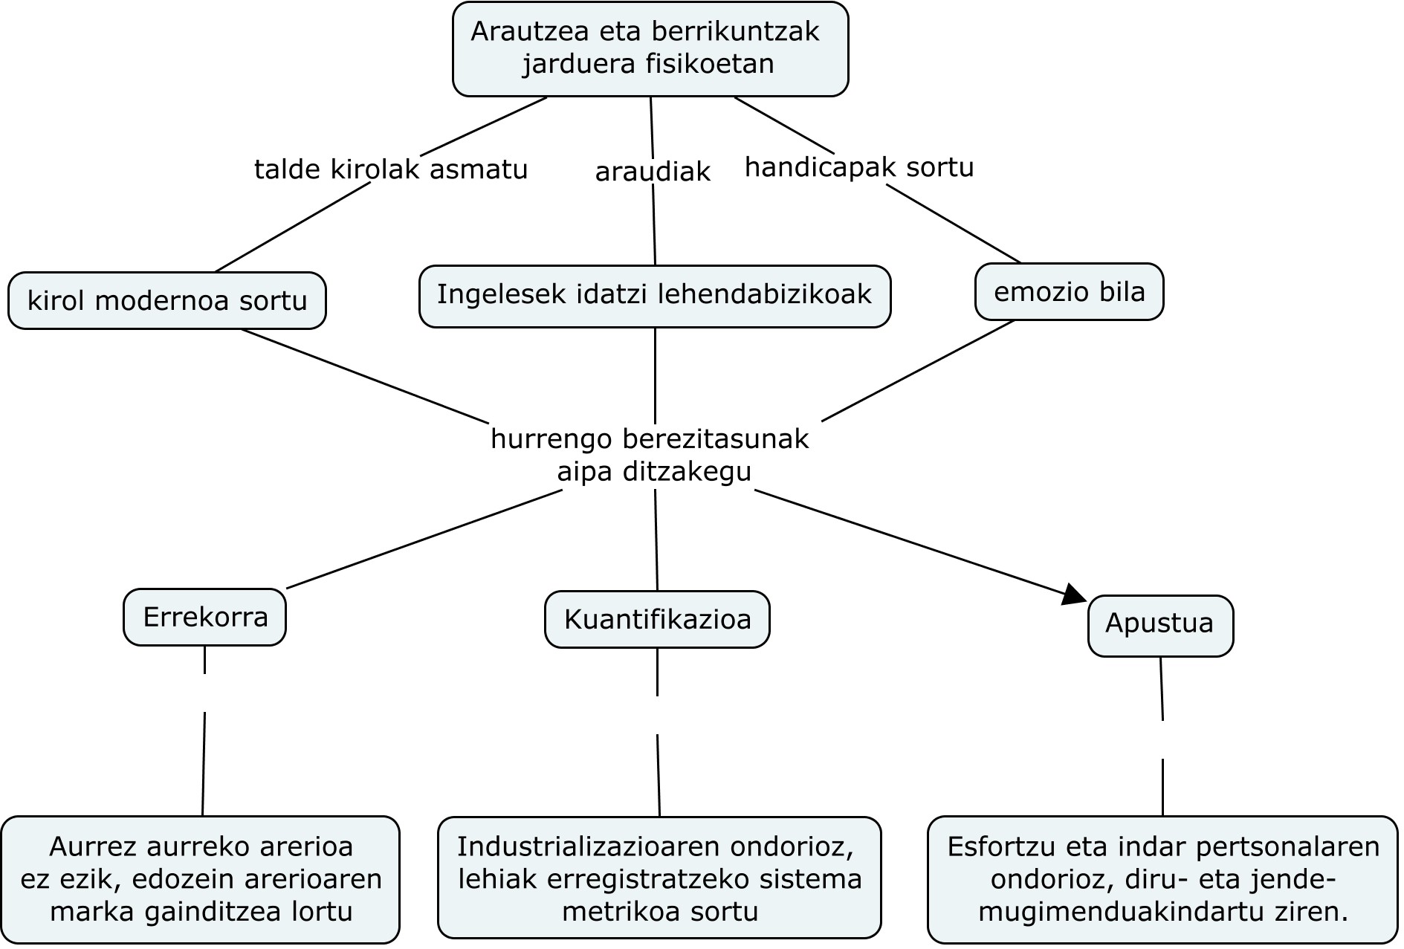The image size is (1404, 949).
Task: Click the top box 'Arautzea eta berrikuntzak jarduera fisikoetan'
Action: click(x=650, y=49)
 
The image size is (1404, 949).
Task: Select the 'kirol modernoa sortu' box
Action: click(x=167, y=301)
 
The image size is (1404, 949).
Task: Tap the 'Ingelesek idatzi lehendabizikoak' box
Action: click(x=654, y=295)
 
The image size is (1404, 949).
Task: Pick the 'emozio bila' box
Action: click(x=1069, y=292)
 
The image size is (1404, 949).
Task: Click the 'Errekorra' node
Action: click(x=205, y=618)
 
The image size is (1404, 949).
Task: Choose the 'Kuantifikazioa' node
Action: click(x=657, y=620)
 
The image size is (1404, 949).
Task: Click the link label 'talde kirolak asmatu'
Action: click(x=391, y=170)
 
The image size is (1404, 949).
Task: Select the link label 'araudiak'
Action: click(x=653, y=172)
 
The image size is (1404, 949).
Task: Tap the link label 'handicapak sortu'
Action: click(x=859, y=168)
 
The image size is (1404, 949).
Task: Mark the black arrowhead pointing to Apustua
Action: click(x=1074, y=594)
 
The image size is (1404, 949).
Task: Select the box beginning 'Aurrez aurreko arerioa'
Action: click(x=201, y=880)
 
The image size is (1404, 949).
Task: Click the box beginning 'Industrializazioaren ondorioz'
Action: click(x=659, y=879)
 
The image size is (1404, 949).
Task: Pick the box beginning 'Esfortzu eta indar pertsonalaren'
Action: click(x=1162, y=880)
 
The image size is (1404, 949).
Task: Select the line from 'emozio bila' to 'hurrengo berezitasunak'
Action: click(x=918, y=371)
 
